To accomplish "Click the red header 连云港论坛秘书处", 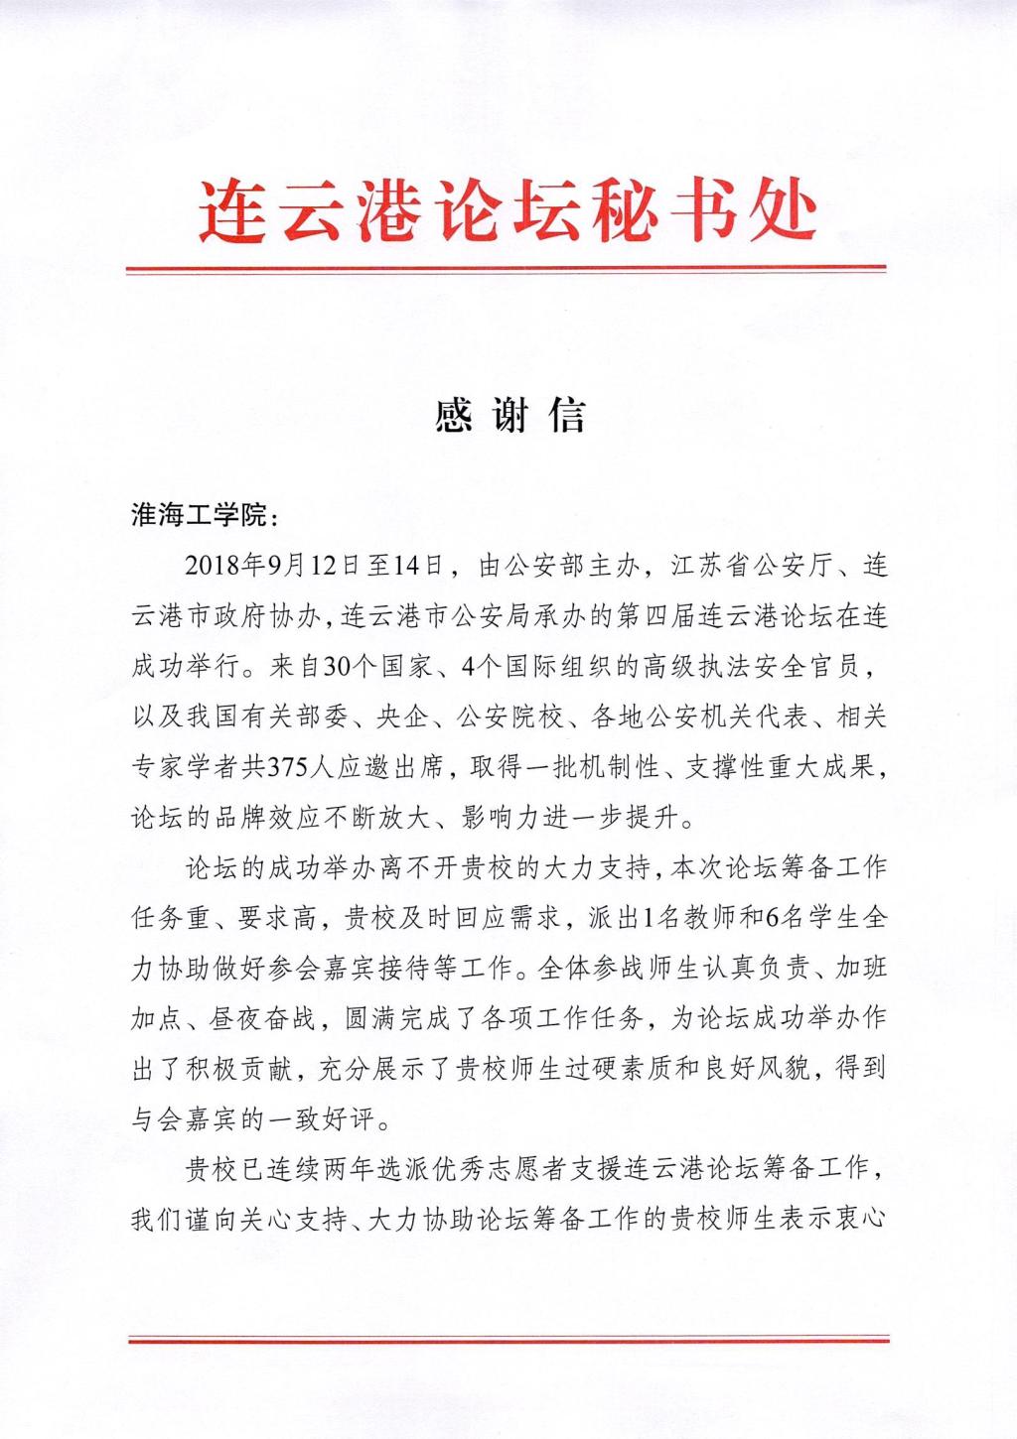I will (508, 210).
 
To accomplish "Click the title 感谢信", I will (509, 416).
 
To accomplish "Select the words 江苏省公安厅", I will (747, 568).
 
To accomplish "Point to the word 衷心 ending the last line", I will (860, 1219).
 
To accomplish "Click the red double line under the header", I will (508, 269).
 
